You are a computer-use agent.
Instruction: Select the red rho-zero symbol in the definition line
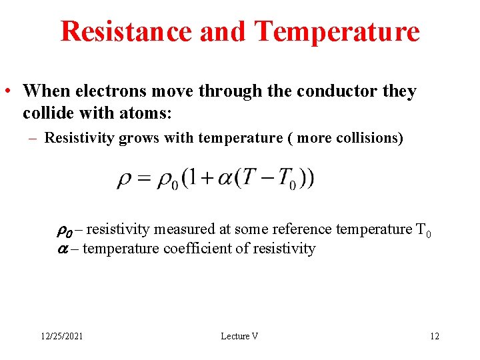[x=62, y=231]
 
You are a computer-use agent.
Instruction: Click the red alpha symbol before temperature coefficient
[x=59, y=249]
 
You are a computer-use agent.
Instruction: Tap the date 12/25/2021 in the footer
[x=60, y=336]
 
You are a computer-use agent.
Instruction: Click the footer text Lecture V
[x=239, y=336]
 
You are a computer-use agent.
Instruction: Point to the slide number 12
[x=435, y=336]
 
